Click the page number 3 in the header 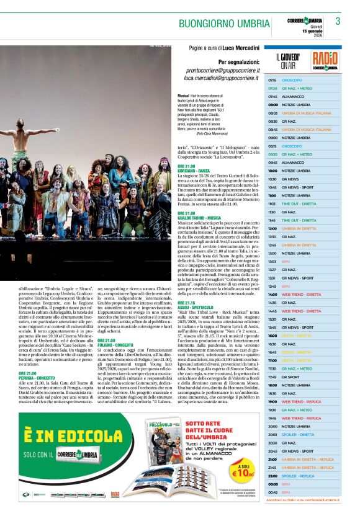click(338, 22)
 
